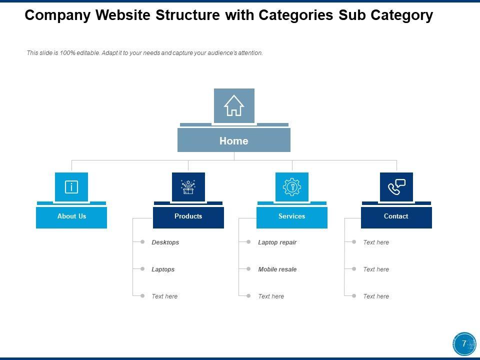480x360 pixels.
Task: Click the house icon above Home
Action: coord(234,105)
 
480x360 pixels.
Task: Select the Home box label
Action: coord(234,141)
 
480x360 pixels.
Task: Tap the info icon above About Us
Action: coord(71,187)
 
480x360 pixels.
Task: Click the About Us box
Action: coord(71,216)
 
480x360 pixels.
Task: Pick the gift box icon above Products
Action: coord(188,187)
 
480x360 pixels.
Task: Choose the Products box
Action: coord(188,216)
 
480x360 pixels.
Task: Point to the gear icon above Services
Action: coord(292,187)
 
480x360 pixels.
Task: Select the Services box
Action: coord(292,216)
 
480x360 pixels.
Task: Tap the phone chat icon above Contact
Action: coord(396,187)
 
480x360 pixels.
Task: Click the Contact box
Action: coord(396,216)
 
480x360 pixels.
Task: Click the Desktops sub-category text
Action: coord(165,242)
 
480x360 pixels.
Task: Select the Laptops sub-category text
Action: coord(163,269)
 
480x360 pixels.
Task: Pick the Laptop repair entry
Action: coord(277,242)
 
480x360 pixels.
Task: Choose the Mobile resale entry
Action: coord(277,269)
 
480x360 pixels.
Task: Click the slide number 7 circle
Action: coord(464,344)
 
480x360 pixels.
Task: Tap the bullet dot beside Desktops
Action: coord(142,242)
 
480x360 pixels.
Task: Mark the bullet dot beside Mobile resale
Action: coord(248,269)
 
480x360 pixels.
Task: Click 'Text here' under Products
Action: coord(164,296)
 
